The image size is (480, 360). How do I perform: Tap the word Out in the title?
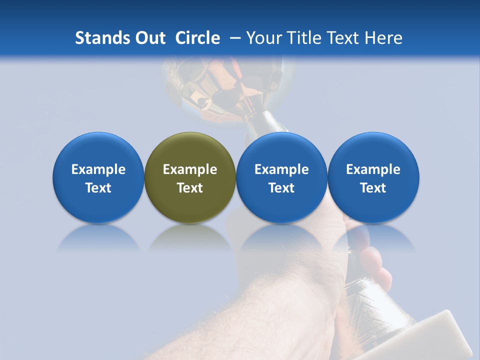150,38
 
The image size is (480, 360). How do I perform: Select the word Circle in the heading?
197,38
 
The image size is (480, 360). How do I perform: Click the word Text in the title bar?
345,38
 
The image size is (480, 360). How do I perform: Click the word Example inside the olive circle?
190,169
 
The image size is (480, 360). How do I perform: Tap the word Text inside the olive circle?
190,188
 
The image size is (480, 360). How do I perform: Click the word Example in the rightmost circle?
373,169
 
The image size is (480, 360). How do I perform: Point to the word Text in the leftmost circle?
98,188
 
